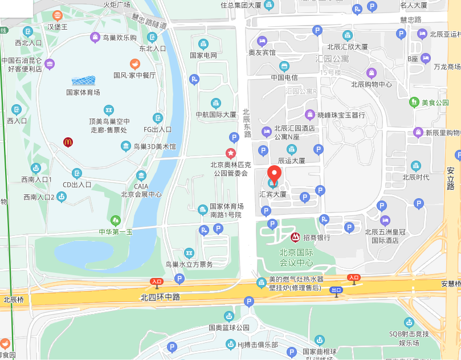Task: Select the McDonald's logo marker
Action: point(68,142)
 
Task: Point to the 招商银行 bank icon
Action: point(295,237)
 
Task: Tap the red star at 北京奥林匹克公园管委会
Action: point(230,153)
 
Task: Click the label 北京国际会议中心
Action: point(296,257)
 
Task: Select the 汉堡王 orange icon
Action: point(57,15)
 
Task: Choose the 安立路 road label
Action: point(451,178)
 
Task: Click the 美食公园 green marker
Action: point(414,103)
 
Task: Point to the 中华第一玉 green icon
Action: point(116,220)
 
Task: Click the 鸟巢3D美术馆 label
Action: point(154,147)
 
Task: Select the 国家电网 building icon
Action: point(203,44)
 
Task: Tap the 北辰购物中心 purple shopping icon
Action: point(371,73)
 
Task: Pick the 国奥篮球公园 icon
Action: point(229,316)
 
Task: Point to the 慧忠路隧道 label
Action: point(149,21)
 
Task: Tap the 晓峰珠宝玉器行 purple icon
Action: point(311,114)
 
